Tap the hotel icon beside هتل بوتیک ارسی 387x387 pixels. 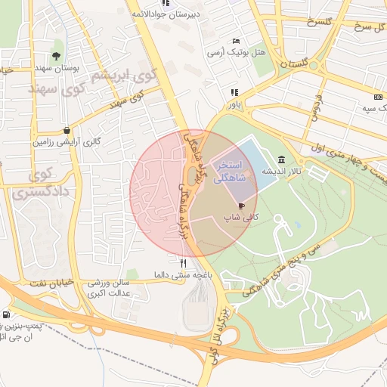tap(237, 41)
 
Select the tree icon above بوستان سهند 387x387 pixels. tap(56, 55)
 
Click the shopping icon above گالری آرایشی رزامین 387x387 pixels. tap(68, 129)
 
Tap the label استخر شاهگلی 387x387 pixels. tap(228, 171)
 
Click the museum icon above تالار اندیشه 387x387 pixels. tap(282, 159)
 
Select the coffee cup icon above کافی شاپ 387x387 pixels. tap(241, 205)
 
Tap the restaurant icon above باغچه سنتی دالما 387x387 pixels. tap(182, 262)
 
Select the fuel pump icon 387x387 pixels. tap(7, 314)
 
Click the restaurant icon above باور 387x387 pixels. tap(234, 92)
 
